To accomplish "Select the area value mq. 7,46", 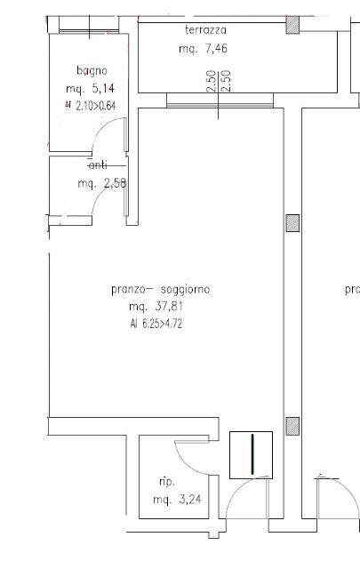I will coord(201,50).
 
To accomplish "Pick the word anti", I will coord(99,165).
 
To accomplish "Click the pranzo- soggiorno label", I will coord(160,289).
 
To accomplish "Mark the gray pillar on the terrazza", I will coord(291,26).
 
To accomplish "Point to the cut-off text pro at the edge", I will coord(352,289).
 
